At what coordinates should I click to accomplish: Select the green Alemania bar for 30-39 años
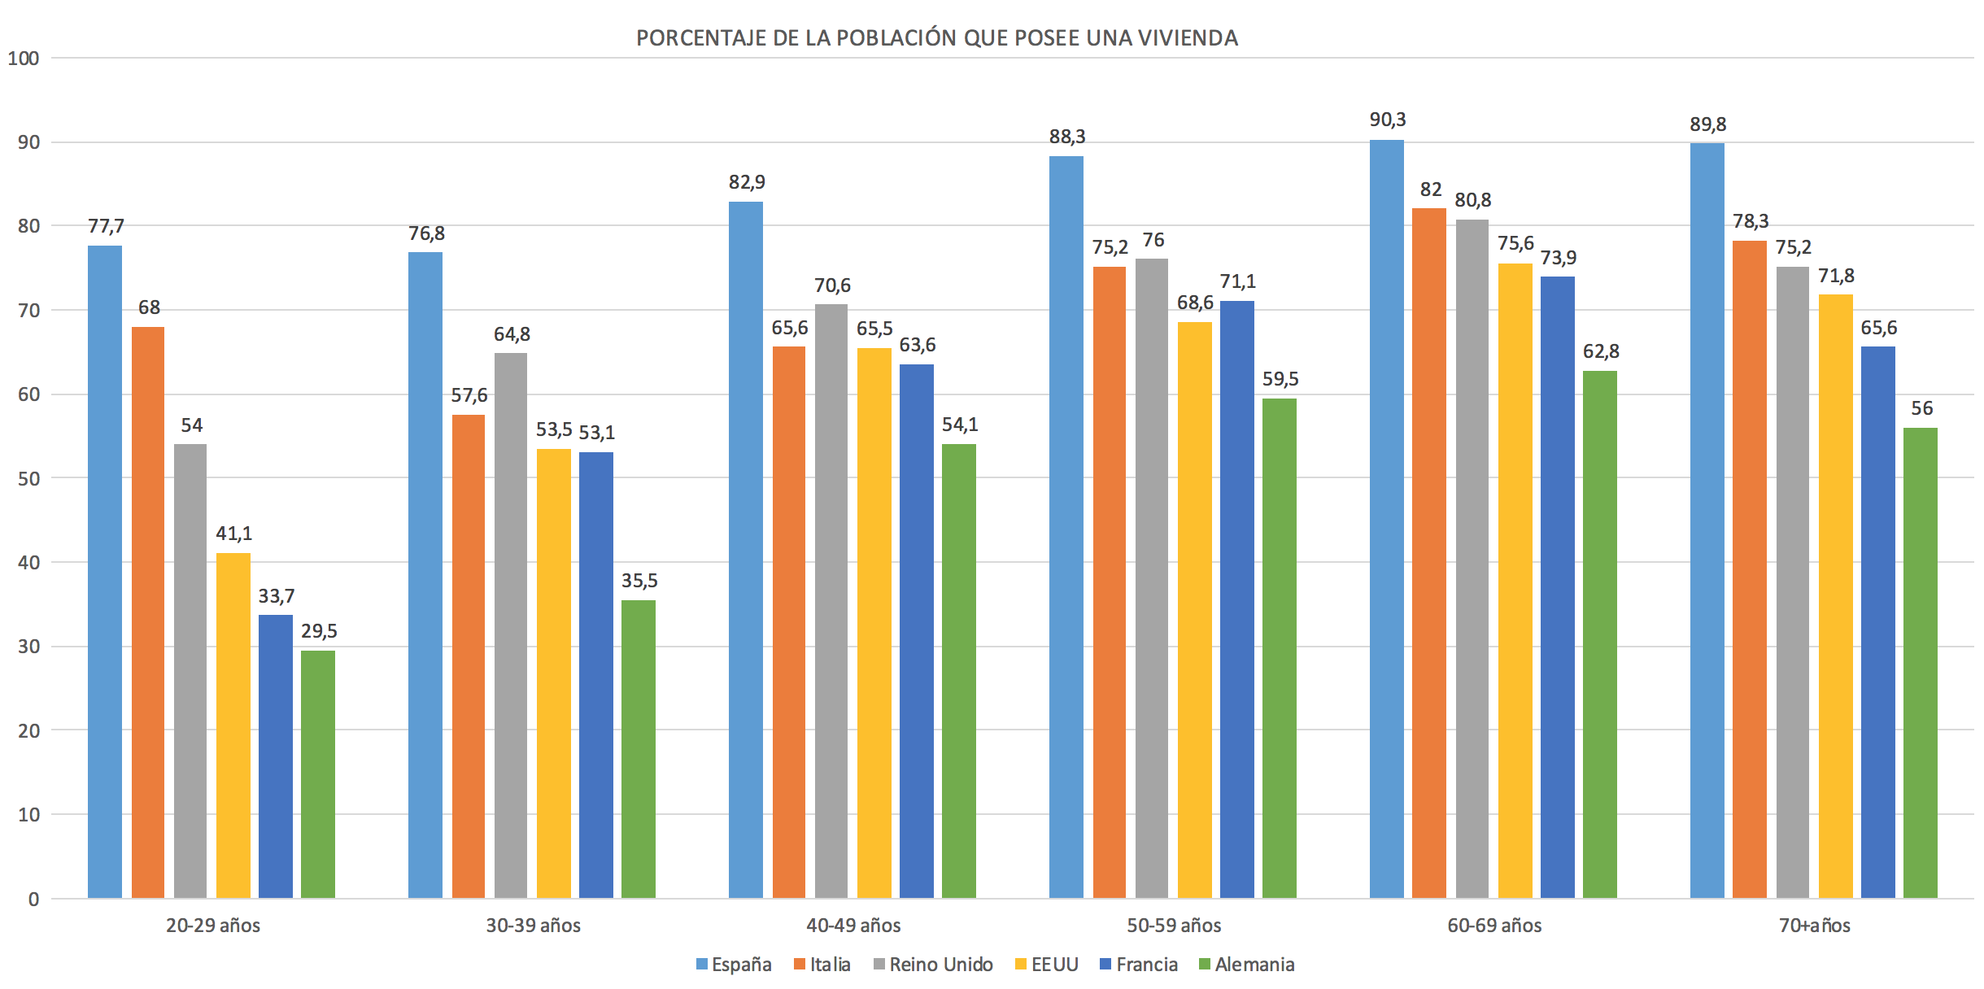click(639, 748)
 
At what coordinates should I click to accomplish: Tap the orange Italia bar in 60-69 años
click(1429, 553)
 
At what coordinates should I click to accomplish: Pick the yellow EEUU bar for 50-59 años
click(1194, 610)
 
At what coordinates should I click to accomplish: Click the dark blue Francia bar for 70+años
click(1878, 622)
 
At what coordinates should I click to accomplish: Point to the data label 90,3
click(1387, 120)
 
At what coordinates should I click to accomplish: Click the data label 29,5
click(318, 630)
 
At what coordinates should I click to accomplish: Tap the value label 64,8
click(511, 333)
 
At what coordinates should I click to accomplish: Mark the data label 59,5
click(1280, 379)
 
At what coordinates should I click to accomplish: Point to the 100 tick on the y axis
click(23, 59)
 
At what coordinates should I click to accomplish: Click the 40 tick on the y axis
click(28, 563)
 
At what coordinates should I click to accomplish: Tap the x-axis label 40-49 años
click(853, 926)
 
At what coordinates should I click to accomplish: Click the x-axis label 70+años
click(1814, 926)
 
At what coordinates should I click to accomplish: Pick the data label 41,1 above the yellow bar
click(233, 534)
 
